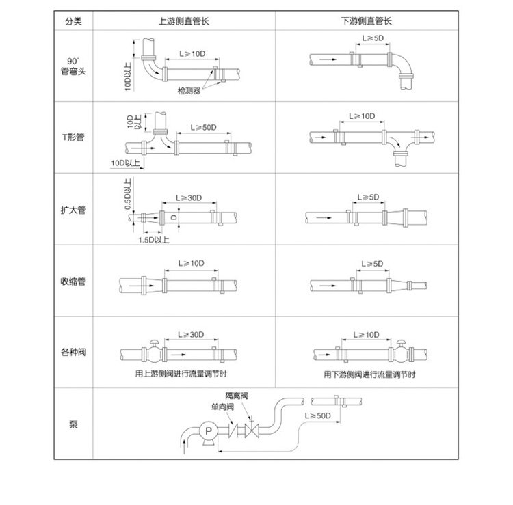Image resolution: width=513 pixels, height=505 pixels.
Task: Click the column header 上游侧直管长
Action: pyautogui.click(x=184, y=21)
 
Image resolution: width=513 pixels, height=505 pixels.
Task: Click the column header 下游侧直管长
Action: pyautogui.click(x=367, y=21)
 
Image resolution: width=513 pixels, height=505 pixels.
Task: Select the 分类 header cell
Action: pyautogui.click(x=73, y=21)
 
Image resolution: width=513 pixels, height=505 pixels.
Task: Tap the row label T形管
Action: pyautogui.click(x=73, y=137)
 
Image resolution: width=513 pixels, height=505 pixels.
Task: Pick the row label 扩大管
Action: pyautogui.click(x=73, y=210)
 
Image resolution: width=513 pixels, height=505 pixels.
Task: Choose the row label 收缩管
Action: pyautogui.click(x=73, y=281)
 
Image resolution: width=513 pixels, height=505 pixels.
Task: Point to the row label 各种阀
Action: pyautogui.click(x=73, y=352)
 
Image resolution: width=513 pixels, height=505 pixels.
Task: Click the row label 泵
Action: pyautogui.click(x=73, y=424)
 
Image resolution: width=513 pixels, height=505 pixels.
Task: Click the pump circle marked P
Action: pyautogui.click(x=209, y=431)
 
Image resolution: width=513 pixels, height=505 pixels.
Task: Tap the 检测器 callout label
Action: pyautogui.click(x=189, y=91)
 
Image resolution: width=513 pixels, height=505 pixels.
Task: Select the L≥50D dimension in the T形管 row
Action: pyautogui.click(x=204, y=128)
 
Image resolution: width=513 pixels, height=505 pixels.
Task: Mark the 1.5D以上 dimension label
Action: pyautogui.click(x=154, y=240)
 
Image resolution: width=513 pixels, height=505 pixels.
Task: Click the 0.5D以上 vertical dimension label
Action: pyautogui.click(x=128, y=194)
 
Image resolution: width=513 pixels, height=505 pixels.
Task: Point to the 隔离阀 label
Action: pyautogui.click(x=237, y=396)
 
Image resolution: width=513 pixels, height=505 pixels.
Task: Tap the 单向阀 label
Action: pyautogui.click(x=222, y=407)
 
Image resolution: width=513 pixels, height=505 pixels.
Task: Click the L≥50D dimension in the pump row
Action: pyautogui.click(x=317, y=415)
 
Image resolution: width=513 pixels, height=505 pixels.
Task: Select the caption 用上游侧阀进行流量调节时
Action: pyautogui.click(x=181, y=374)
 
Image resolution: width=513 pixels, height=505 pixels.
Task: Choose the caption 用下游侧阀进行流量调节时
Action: pyautogui.click(x=369, y=374)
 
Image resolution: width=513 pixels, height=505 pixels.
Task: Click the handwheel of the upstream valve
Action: pyautogui.click(x=154, y=342)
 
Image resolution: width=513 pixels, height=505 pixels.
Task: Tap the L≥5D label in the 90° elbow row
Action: pyautogui.click(x=373, y=38)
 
